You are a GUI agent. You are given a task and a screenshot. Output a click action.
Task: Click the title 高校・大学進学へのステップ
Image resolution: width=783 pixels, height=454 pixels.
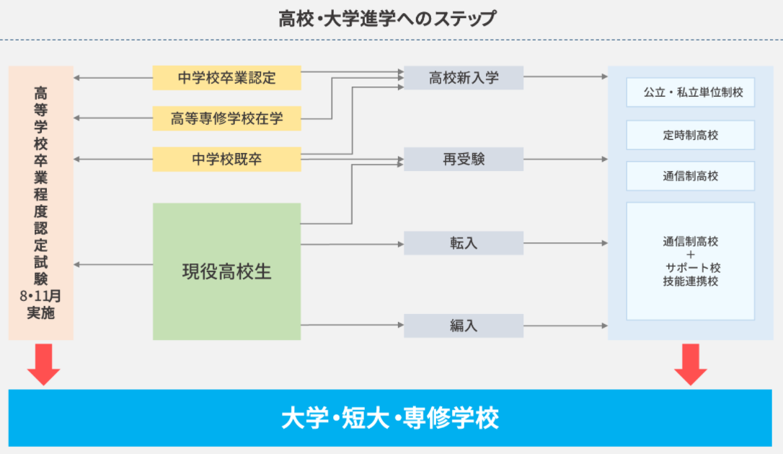387,19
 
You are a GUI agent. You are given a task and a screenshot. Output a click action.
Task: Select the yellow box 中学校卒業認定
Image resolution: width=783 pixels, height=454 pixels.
226,78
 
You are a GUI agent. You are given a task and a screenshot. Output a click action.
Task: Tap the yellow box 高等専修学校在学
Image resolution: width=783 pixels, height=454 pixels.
226,118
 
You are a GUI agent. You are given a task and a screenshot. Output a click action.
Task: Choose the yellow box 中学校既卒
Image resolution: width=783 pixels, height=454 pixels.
226,159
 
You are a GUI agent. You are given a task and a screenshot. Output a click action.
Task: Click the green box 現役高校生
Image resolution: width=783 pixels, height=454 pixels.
226,271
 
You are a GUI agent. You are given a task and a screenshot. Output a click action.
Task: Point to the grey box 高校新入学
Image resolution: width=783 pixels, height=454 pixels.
464,78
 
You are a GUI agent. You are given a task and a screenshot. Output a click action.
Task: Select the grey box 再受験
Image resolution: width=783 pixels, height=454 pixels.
464,159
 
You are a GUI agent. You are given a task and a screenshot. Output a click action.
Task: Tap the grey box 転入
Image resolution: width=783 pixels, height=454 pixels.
464,243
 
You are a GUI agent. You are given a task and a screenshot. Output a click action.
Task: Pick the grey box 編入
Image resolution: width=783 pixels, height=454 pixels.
464,326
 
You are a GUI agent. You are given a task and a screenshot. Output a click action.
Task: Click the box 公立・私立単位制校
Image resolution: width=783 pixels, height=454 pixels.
691,92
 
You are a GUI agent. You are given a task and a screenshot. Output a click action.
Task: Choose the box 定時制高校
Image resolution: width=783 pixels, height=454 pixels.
691,135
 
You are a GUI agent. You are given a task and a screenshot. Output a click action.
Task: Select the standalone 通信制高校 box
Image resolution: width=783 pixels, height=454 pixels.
691,176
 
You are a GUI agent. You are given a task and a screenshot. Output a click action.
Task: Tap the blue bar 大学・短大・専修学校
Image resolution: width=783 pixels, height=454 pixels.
390,418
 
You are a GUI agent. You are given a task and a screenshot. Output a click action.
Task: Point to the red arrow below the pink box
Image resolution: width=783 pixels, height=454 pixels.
44,364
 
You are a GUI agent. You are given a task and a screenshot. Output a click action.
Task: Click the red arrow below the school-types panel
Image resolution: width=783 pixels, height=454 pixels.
691,364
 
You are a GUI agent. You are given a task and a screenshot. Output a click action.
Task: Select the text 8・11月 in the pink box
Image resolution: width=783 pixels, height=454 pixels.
40,296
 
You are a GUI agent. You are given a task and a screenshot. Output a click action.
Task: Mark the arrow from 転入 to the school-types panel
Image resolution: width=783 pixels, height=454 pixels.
566,243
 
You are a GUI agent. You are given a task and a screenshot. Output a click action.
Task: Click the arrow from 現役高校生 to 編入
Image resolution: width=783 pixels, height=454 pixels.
353,325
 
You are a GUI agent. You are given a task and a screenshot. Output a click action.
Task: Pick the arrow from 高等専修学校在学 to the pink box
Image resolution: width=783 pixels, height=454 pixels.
113,118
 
